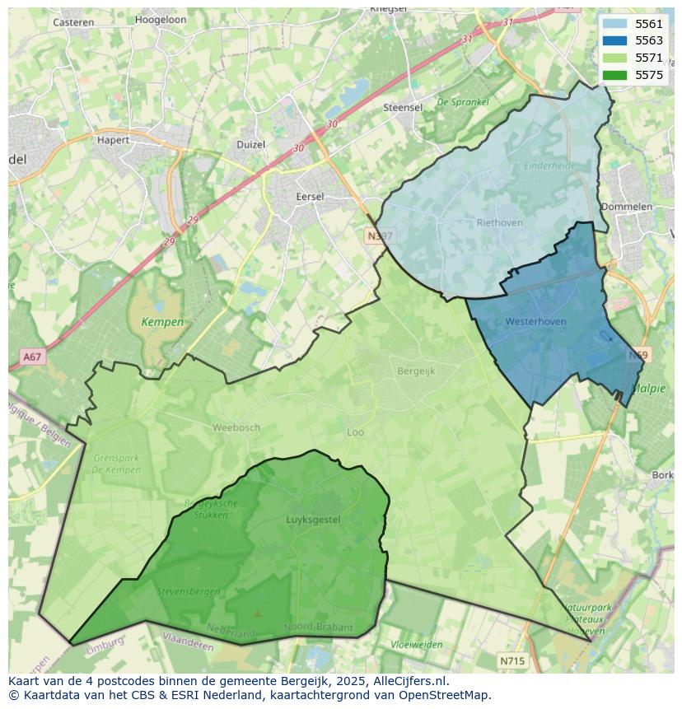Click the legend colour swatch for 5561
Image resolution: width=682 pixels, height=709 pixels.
coord(614,24)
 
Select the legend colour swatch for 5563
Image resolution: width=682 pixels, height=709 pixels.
coord(614,41)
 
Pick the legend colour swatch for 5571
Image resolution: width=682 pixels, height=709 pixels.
coord(614,58)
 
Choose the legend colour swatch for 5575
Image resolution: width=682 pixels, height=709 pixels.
coord(614,75)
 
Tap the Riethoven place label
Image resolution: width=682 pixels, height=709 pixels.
coord(499,222)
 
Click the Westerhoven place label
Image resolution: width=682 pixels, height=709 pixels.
coord(535,321)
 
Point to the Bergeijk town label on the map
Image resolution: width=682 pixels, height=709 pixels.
coord(416,371)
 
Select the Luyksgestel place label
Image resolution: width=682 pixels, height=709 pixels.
coord(313,520)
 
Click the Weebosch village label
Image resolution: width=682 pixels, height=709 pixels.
coord(236,427)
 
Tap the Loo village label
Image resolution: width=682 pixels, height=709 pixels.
coord(355,431)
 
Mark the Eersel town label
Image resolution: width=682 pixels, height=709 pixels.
coord(311,197)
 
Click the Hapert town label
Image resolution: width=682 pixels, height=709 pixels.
coord(113,140)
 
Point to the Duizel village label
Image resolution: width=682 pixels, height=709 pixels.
coord(251,144)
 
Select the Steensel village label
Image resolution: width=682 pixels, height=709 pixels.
coord(403,108)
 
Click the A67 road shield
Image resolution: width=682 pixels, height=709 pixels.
coord(31,357)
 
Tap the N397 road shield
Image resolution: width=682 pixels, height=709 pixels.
coord(381,236)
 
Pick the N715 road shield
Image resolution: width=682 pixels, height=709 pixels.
coord(512,660)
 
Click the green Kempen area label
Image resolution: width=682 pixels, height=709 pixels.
coord(162,322)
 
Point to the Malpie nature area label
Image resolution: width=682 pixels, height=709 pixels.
coord(648,389)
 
